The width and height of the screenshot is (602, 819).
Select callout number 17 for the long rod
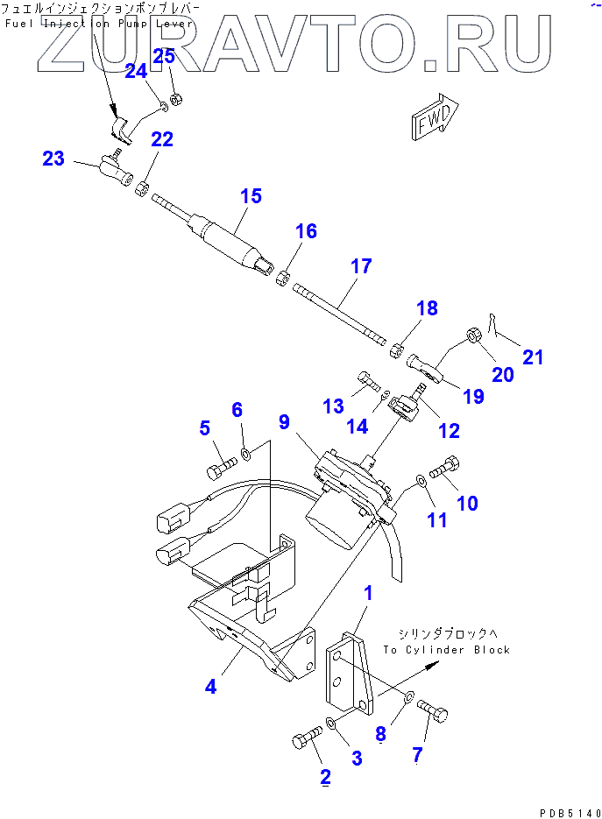pos(362,266)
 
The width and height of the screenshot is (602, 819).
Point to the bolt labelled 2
pos(304,741)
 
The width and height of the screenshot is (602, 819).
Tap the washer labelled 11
pos(421,480)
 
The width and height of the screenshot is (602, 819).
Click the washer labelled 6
pos(246,455)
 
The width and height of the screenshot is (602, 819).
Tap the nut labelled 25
pos(175,97)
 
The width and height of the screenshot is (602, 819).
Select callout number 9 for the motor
pos(284,422)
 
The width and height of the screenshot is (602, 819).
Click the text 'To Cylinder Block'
pos(446,650)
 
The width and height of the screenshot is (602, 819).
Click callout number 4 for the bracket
pos(210,687)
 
